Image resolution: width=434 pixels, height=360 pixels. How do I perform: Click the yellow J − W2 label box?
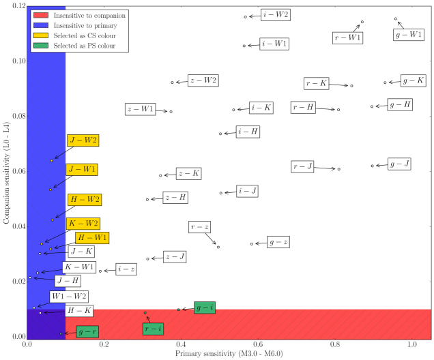click(83, 140)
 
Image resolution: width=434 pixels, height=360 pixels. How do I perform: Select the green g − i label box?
click(204, 308)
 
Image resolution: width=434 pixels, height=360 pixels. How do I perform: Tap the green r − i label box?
click(154, 329)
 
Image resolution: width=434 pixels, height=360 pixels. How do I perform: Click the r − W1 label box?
click(348, 37)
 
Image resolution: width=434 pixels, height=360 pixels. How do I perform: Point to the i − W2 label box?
click(276, 14)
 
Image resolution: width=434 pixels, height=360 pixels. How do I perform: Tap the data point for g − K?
click(386, 82)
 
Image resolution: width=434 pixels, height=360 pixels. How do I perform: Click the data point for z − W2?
click(172, 82)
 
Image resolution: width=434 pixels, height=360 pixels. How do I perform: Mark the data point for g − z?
click(252, 243)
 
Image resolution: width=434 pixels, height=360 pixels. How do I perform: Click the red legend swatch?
click(40, 14)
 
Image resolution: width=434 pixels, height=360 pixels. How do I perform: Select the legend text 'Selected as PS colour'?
click(86, 46)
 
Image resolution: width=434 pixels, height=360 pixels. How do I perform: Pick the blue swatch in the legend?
click(40, 25)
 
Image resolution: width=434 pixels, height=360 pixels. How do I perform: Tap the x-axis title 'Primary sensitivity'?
click(229, 354)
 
